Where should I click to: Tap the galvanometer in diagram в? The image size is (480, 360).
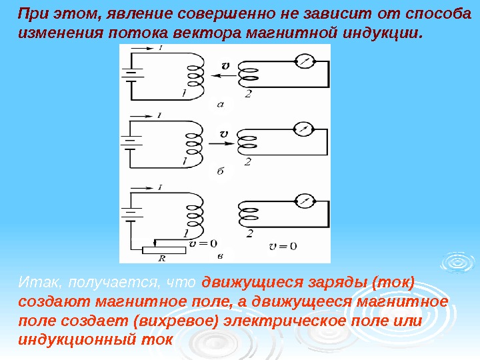pos(303,199)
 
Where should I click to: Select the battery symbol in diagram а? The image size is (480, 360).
pos(131,75)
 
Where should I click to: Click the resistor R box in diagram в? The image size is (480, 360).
pos(163,249)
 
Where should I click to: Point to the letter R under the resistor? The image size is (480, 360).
pos(162,259)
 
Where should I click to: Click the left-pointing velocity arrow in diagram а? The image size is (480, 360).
pos(222,76)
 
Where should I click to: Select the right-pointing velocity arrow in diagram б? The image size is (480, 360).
pos(221,142)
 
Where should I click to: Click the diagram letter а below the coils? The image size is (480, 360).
pos(221,103)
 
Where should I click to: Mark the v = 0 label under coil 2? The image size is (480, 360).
pos(282,246)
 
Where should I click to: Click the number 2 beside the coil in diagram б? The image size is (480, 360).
pos(248,161)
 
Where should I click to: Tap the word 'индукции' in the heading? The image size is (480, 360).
pos(387,33)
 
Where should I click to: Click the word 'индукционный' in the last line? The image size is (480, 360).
pos(74,339)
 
